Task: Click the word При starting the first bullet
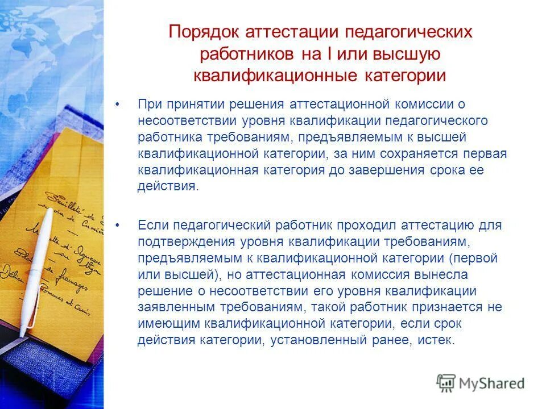[150, 105]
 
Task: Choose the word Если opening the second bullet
[154, 225]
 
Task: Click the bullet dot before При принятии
[118, 105]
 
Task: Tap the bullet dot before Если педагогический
[118, 226]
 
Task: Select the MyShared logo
[481, 383]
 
